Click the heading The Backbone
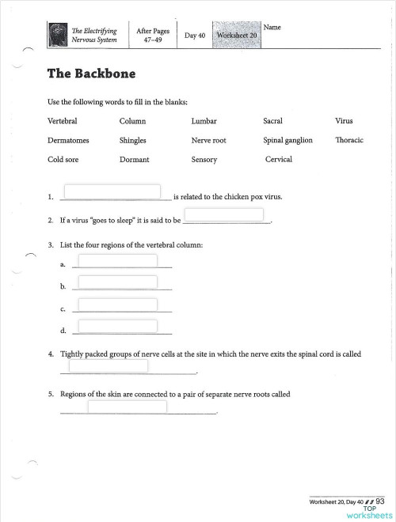click(x=91, y=74)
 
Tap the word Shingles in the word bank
click(x=133, y=140)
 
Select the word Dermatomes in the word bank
click(x=68, y=140)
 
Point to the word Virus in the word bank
click(x=344, y=121)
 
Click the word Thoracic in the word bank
click(x=349, y=140)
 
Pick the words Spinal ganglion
click(x=287, y=140)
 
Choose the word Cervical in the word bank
click(x=278, y=159)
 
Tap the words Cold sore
click(x=64, y=159)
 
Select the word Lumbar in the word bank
click(x=204, y=121)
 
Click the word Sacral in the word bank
click(x=272, y=121)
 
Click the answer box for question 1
click(x=112, y=192)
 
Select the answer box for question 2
click(x=223, y=215)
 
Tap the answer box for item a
click(x=117, y=261)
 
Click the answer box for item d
click(x=117, y=326)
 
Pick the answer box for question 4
click(x=109, y=365)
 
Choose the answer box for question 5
click(x=127, y=407)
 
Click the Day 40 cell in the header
click(x=195, y=36)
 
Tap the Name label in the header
click(x=272, y=27)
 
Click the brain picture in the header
click(x=58, y=33)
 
